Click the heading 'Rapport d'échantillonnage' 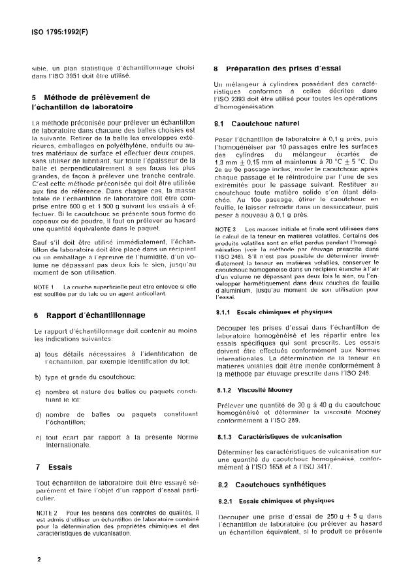(x=95, y=315)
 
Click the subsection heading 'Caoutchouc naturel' (x=268, y=123)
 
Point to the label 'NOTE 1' (x=42, y=287)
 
